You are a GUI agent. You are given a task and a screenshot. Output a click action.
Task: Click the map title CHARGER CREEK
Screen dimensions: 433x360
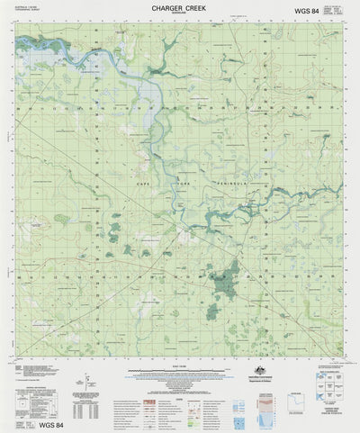(181, 7)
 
